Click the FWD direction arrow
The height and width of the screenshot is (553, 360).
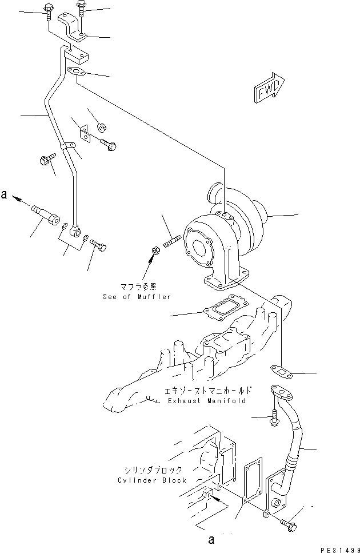point(267,87)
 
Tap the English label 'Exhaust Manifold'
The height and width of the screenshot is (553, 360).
point(207,401)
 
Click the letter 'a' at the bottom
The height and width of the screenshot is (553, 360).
point(213,539)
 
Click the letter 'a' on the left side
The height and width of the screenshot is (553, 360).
point(5,196)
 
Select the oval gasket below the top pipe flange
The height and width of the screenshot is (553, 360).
point(76,71)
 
